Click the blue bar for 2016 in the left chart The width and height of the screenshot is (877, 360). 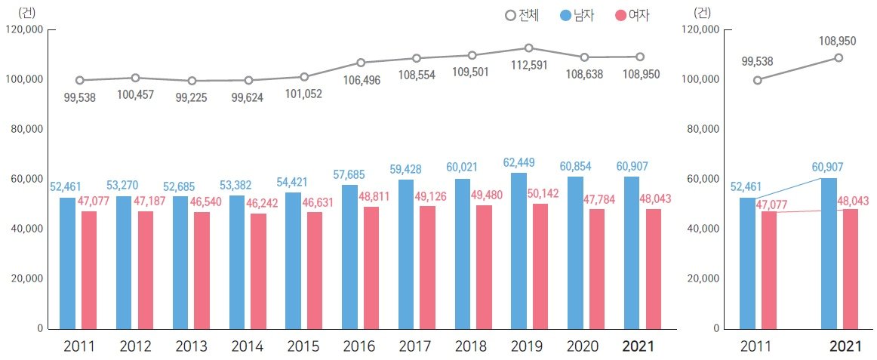click(x=349, y=257)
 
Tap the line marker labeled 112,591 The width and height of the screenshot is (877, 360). click(x=528, y=48)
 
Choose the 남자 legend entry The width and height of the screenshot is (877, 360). click(x=578, y=15)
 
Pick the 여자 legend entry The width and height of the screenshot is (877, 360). click(x=632, y=15)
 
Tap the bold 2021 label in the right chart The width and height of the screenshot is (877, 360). click(x=845, y=346)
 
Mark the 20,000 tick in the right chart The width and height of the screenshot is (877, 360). click(x=703, y=278)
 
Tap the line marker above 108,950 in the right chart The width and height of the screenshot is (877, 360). click(x=839, y=57)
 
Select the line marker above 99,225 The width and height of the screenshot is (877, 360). click(x=192, y=81)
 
